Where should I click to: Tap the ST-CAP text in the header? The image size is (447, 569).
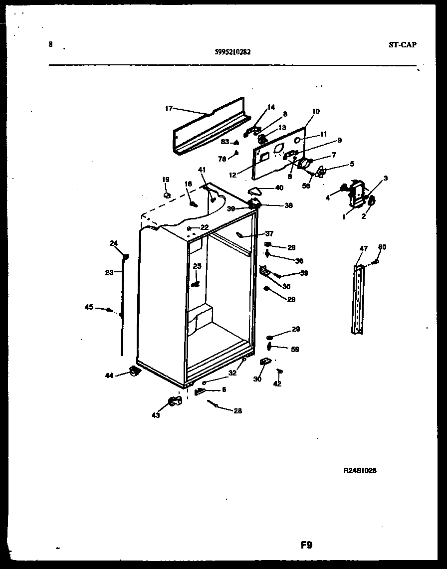click(402, 44)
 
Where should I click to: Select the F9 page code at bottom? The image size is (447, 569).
click(306, 545)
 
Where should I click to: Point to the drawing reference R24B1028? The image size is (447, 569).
click(360, 470)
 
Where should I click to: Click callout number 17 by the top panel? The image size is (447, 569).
click(169, 108)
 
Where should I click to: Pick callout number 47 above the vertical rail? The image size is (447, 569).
click(363, 248)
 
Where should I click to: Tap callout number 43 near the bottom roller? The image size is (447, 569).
click(156, 415)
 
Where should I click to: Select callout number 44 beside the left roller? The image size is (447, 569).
click(109, 375)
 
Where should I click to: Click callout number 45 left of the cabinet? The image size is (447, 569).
click(89, 307)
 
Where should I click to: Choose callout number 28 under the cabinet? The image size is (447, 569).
click(237, 410)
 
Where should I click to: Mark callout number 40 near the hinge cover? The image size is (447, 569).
click(279, 188)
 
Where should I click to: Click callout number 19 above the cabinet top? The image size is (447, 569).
click(165, 179)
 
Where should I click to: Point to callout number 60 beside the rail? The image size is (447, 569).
click(382, 247)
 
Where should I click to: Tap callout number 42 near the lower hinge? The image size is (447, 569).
click(277, 383)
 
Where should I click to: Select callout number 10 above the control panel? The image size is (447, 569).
click(316, 111)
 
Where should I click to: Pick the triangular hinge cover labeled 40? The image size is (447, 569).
click(257, 190)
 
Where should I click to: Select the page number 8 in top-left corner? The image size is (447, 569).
click(50, 44)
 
